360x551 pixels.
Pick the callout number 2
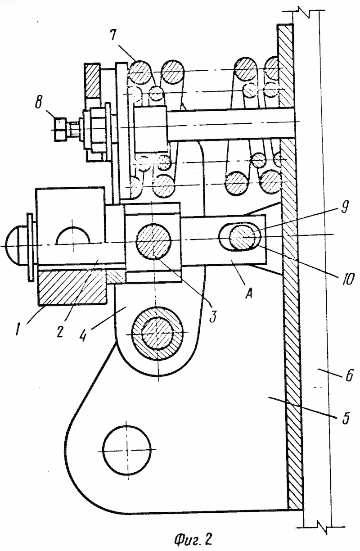(60, 330)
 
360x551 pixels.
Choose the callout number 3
(213, 316)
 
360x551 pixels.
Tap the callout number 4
(83, 334)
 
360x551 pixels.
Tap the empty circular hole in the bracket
(126, 450)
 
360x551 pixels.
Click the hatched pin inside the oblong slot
(243, 237)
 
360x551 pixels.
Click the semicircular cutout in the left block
(72, 235)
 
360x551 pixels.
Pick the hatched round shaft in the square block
(153, 242)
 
